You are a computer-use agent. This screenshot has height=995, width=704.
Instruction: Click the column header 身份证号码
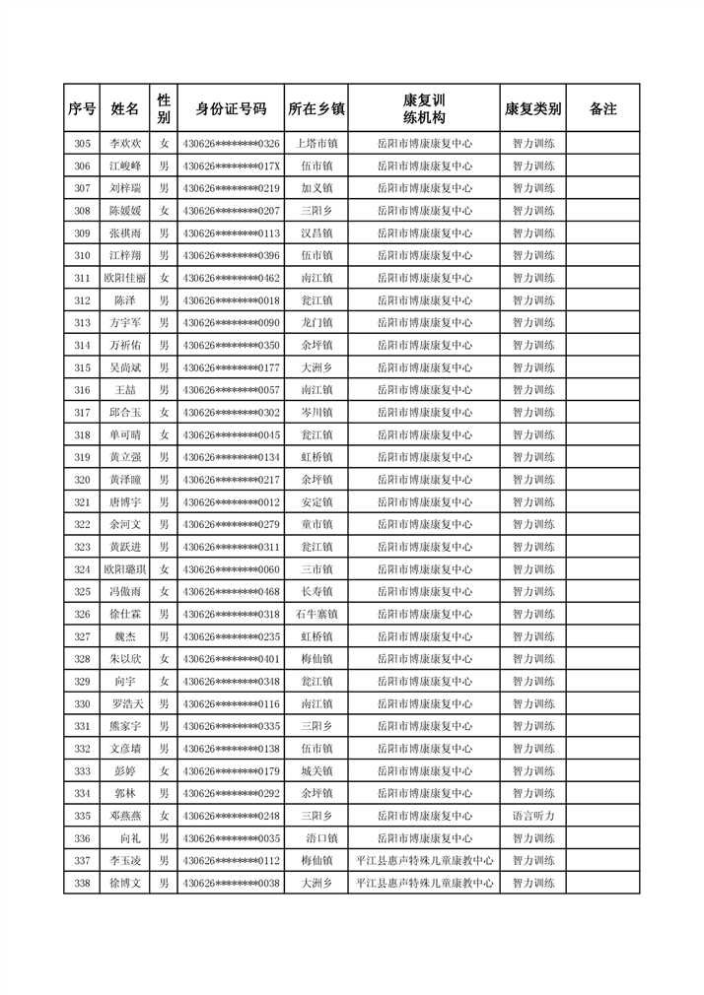pos(231,108)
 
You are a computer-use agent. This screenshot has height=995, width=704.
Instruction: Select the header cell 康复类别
pos(533,108)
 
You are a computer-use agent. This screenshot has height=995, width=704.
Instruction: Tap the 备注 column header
pos(603,108)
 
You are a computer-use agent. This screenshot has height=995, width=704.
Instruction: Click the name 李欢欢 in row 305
pos(125,144)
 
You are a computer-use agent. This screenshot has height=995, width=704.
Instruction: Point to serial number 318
pos(82,435)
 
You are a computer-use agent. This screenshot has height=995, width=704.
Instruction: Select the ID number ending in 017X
pos(231,166)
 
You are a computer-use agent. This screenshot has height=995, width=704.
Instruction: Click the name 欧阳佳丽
pos(125,279)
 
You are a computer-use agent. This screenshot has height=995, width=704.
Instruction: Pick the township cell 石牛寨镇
pos(317,615)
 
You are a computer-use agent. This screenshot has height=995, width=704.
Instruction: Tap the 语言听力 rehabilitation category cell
pos(533,817)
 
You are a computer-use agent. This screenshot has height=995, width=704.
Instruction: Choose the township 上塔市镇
pos(317,144)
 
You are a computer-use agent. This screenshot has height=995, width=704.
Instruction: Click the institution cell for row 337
pos(424,861)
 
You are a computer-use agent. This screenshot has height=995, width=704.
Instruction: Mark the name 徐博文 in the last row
pos(125,884)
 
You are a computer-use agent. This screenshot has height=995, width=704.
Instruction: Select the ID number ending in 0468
pos(231,592)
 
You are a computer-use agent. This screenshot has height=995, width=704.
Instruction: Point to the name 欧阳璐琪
pos(125,569)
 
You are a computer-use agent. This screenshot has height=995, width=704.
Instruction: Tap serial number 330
pos(82,704)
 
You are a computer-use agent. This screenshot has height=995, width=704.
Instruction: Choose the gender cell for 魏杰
pos(165,637)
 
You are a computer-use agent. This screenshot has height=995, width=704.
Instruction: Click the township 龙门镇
pos(317,323)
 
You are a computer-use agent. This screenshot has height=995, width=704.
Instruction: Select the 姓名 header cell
pos(125,108)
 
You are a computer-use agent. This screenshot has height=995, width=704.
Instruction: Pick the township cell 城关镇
pos(317,771)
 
